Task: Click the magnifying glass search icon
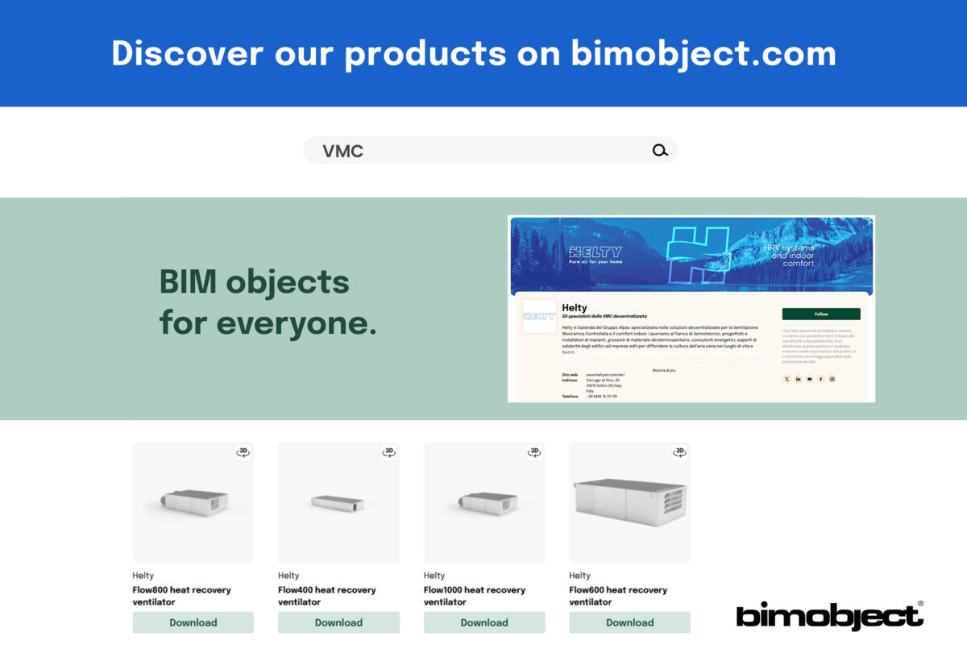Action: coord(660,150)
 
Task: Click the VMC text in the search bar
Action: coord(343,151)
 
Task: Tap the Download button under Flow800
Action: coord(193,622)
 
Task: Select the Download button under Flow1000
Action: coord(484,622)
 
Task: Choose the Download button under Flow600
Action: coord(629,622)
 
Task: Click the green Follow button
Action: coord(821,314)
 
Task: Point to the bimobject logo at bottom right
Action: coord(829,616)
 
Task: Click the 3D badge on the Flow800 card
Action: coord(243,452)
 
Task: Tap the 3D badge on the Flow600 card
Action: coord(680,452)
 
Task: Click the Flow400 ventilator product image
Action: coord(338,502)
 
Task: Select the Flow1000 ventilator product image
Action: coord(484,502)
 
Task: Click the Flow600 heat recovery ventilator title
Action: coord(618,596)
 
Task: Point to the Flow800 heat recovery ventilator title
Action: coord(181,596)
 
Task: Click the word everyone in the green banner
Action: coord(296,322)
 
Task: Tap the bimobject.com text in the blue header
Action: coord(703,53)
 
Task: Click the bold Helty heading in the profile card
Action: coord(575,307)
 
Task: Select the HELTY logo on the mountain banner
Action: coord(595,252)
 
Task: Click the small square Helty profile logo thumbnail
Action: coord(539,316)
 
